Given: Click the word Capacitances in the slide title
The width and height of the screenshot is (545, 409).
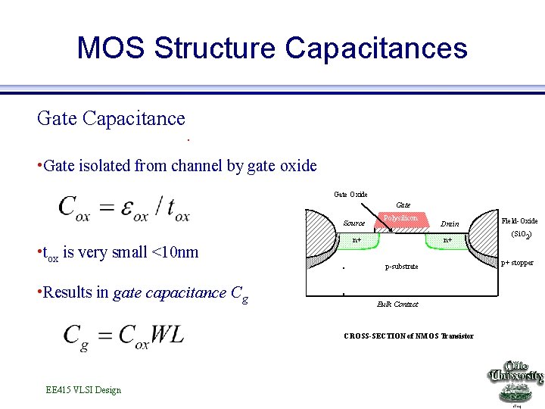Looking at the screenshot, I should click(x=376, y=48).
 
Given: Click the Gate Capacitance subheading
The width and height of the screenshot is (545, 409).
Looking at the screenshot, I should click(x=111, y=118).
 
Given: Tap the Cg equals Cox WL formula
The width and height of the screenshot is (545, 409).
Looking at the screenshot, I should click(x=123, y=334).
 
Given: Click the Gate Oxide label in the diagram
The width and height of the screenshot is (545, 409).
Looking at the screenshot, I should click(x=350, y=195).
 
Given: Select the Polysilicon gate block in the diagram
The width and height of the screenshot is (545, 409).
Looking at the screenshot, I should click(x=400, y=219).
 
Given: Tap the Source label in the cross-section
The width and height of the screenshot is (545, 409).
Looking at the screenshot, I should click(x=353, y=223).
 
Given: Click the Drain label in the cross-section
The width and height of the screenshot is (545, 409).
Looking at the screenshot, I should click(x=450, y=224).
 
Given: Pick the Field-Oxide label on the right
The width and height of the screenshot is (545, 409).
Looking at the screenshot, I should click(x=519, y=221).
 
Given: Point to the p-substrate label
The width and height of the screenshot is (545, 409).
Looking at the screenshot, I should click(x=401, y=267).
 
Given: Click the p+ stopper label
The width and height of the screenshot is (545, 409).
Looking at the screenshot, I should click(x=517, y=263).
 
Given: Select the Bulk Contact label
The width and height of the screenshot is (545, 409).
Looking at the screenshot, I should click(x=397, y=304).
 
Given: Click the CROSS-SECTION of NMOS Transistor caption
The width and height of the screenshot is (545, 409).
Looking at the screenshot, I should click(x=408, y=336).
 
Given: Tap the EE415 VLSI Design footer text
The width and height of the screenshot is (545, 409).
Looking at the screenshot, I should click(x=83, y=390).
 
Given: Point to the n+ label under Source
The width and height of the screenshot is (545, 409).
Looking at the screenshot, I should click(x=356, y=240).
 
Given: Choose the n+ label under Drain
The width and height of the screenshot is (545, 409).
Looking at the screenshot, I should click(x=447, y=240).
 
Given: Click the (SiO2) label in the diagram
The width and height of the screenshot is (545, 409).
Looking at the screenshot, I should click(x=521, y=235).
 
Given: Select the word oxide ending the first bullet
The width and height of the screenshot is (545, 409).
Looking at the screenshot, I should click(x=297, y=165).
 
